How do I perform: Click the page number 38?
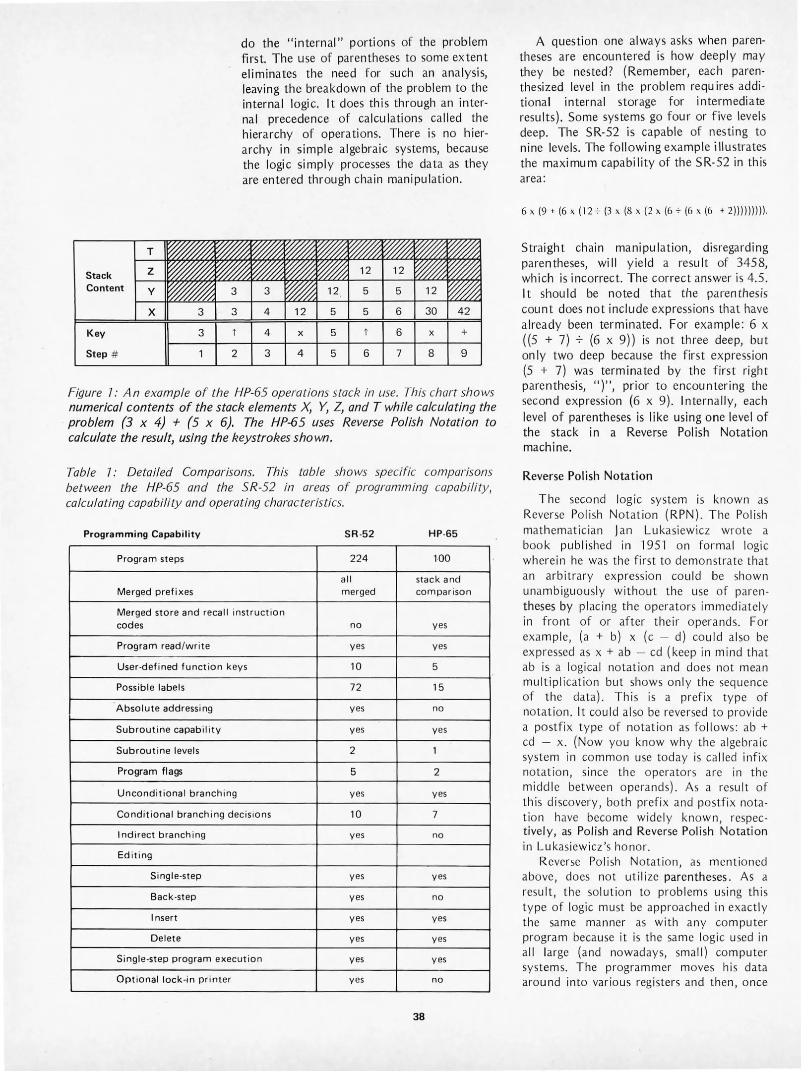[419, 1016]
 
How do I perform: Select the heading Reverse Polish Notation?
[587, 476]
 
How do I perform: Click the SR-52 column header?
[359, 534]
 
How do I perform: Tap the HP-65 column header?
[442, 534]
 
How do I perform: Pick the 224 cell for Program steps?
[359, 558]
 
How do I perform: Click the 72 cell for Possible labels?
[355, 687]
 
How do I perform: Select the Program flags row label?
[150, 771]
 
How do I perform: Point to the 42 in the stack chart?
[463, 311]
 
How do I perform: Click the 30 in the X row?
[431, 311]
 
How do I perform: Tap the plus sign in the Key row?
[463, 333]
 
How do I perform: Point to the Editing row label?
[134, 855]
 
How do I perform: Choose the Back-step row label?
[173, 896]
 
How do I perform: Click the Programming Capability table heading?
[142, 534]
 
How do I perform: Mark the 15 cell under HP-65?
[437, 687]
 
